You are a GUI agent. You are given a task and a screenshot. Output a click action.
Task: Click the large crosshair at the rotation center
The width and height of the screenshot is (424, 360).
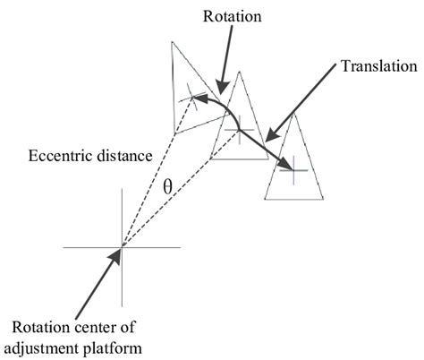[122, 246]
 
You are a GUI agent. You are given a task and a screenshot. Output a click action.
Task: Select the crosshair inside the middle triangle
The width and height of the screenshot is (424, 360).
[237, 131]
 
